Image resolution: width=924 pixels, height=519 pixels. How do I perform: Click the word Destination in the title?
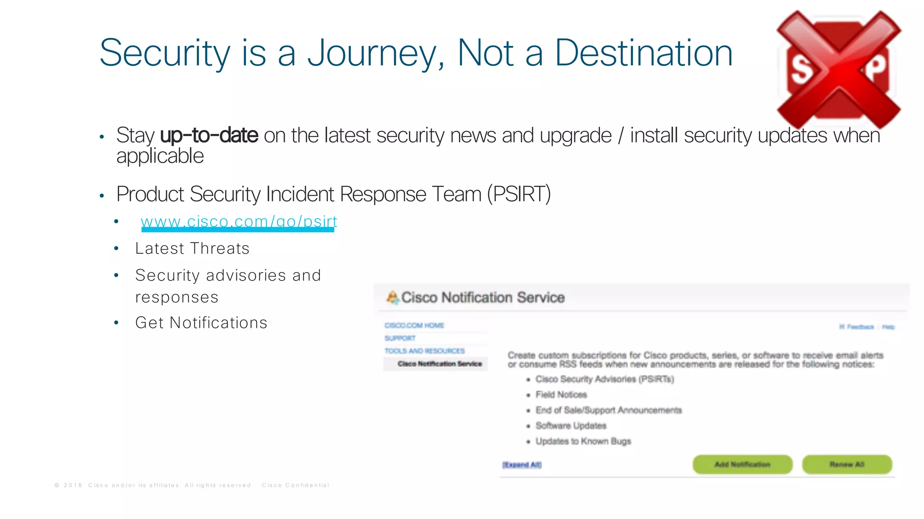coord(643,53)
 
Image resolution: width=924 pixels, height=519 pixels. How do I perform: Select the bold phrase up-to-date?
coord(209,135)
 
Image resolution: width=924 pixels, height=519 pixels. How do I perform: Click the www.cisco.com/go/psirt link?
coord(239,222)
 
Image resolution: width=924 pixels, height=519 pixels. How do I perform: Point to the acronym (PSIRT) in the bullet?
coord(519,194)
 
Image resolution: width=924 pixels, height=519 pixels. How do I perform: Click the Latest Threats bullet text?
coord(192,248)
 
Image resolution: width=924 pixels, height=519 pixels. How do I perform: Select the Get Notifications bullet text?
coord(201,323)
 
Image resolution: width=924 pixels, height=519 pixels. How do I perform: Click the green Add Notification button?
coord(742,464)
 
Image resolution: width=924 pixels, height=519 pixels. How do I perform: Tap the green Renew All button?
coord(847,464)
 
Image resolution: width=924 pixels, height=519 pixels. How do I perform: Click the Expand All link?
coord(522,465)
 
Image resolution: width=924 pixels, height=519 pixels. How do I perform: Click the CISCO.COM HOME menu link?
coord(414,325)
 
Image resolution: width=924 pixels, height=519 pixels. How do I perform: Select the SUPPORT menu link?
coord(400,338)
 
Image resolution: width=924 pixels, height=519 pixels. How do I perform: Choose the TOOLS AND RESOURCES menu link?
coord(425,351)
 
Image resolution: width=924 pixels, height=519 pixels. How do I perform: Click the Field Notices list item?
coord(561,395)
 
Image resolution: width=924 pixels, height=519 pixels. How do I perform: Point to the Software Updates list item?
coord(571,426)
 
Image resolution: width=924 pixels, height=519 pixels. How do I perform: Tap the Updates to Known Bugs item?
coord(583,441)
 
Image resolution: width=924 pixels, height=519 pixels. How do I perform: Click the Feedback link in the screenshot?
coord(860,327)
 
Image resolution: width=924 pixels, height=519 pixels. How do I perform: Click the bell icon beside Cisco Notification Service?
coord(392,297)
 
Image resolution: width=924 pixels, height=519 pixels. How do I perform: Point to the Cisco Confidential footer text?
coord(296,485)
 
